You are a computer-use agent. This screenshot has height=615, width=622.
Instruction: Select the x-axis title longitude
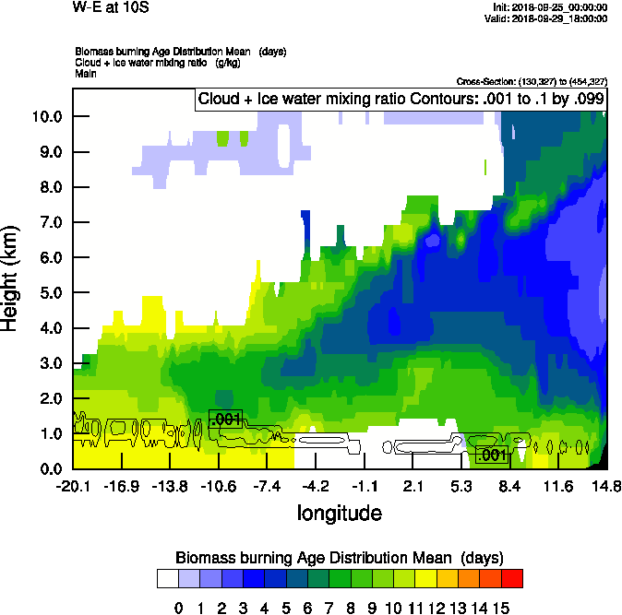click(339, 512)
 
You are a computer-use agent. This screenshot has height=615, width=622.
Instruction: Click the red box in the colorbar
click(512, 579)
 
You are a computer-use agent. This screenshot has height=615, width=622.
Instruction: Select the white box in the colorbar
click(168, 579)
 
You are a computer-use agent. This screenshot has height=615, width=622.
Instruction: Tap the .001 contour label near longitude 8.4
click(491, 455)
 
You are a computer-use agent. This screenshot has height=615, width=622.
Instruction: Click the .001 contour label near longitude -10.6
click(225, 420)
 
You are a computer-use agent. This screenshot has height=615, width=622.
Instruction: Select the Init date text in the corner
click(551, 7)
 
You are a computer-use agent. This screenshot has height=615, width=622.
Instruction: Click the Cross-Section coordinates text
click(532, 81)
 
